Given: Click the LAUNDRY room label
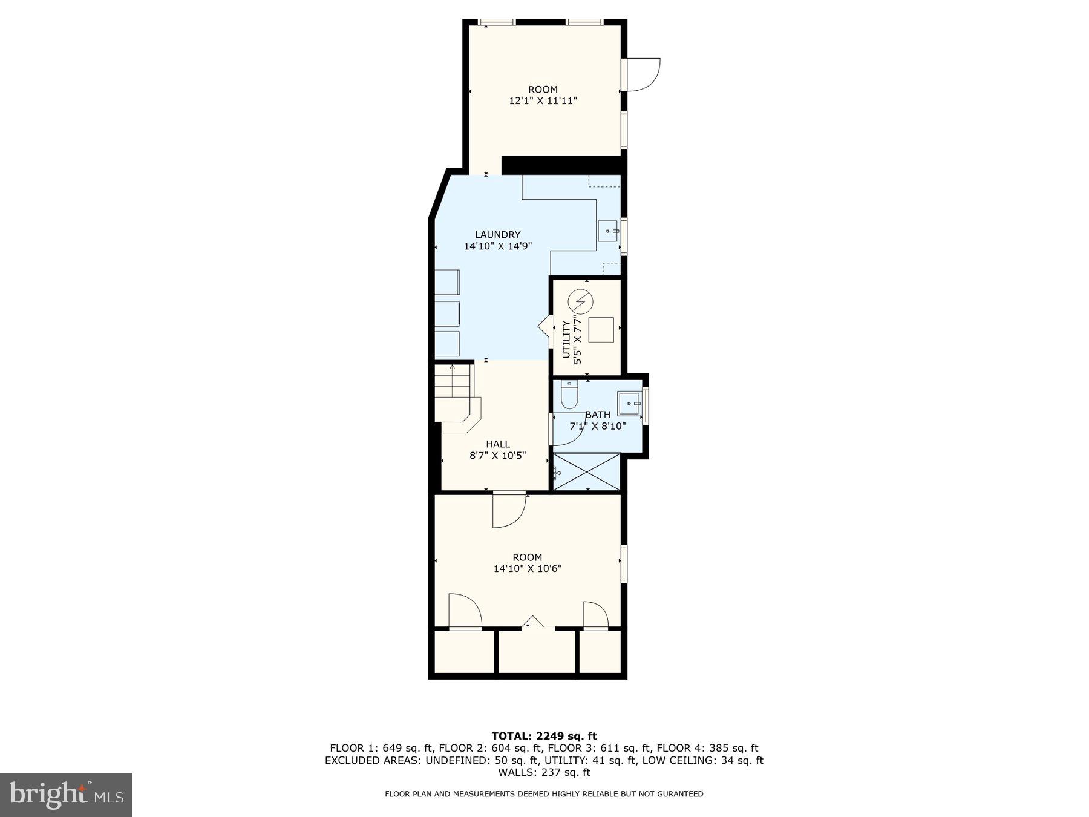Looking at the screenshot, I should (x=497, y=235).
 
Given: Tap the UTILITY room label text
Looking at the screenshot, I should (x=567, y=340).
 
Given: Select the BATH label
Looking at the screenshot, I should (x=597, y=415).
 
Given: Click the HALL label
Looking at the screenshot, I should (x=497, y=444).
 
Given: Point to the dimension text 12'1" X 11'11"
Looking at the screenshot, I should (x=543, y=101).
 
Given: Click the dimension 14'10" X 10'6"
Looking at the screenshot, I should (x=527, y=569).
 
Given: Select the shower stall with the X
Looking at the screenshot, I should (x=587, y=472).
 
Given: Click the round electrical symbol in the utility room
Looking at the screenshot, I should (x=581, y=301).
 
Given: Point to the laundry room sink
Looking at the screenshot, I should (x=609, y=231).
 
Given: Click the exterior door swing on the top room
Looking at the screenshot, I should (x=643, y=74).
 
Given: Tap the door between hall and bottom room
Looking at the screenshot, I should (x=508, y=510).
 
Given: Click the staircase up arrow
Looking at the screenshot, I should (x=452, y=368).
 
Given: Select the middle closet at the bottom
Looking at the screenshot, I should (x=536, y=651).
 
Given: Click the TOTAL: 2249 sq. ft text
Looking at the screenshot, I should (x=543, y=736).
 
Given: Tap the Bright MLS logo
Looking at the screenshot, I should (x=66, y=795).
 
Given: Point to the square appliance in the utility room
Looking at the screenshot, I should (x=601, y=330).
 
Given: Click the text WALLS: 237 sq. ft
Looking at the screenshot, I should (x=543, y=772).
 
